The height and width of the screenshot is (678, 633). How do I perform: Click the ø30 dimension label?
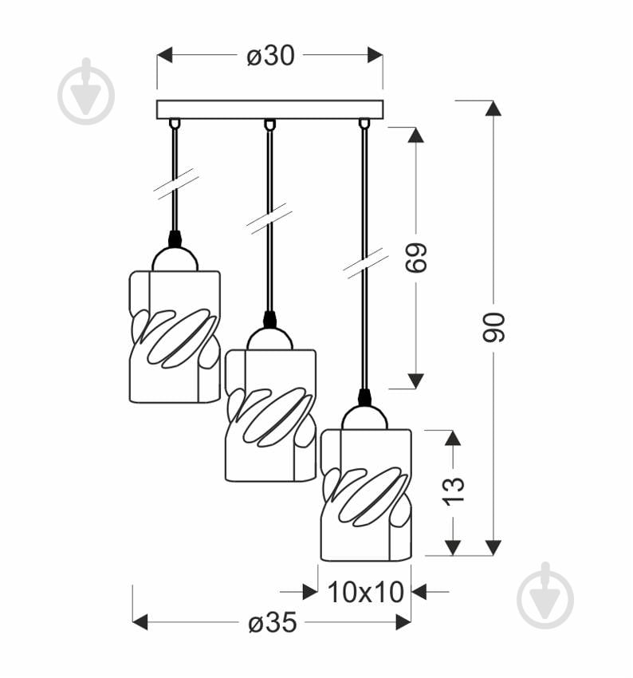click(x=270, y=55)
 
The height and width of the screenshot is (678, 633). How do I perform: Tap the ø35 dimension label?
click(x=272, y=622)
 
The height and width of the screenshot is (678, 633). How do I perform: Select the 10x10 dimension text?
click(x=366, y=592)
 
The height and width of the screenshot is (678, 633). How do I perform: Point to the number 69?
click(x=416, y=258)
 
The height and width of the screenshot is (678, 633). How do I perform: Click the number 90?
click(x=494, y=327)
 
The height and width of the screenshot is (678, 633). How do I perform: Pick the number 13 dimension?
click(x=453, y=491)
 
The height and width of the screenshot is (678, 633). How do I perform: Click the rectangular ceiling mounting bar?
click(x=269, y=109)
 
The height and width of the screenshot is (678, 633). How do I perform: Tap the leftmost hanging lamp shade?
click(x=175, y=335)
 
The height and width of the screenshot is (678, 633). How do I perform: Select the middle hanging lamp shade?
click(x=270, y=415)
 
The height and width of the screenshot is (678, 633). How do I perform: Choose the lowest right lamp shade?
click(x=366, y=495)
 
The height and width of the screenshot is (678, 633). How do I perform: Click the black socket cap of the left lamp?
click(x=175, y=238)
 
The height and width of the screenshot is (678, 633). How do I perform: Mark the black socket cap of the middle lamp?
click(x=269, y=318)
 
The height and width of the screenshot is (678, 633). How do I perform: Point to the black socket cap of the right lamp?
click(x=365, y=396)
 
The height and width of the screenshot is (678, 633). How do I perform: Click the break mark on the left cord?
click(x=176, y=183)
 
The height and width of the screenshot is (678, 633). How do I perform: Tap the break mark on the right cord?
click(x=365, y=262)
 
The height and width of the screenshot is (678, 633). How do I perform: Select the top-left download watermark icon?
click(x=86, y=91)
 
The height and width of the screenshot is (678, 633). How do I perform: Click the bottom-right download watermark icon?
click(x=545, y=595)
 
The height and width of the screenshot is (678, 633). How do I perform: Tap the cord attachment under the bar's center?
click(x=269, y=124)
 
